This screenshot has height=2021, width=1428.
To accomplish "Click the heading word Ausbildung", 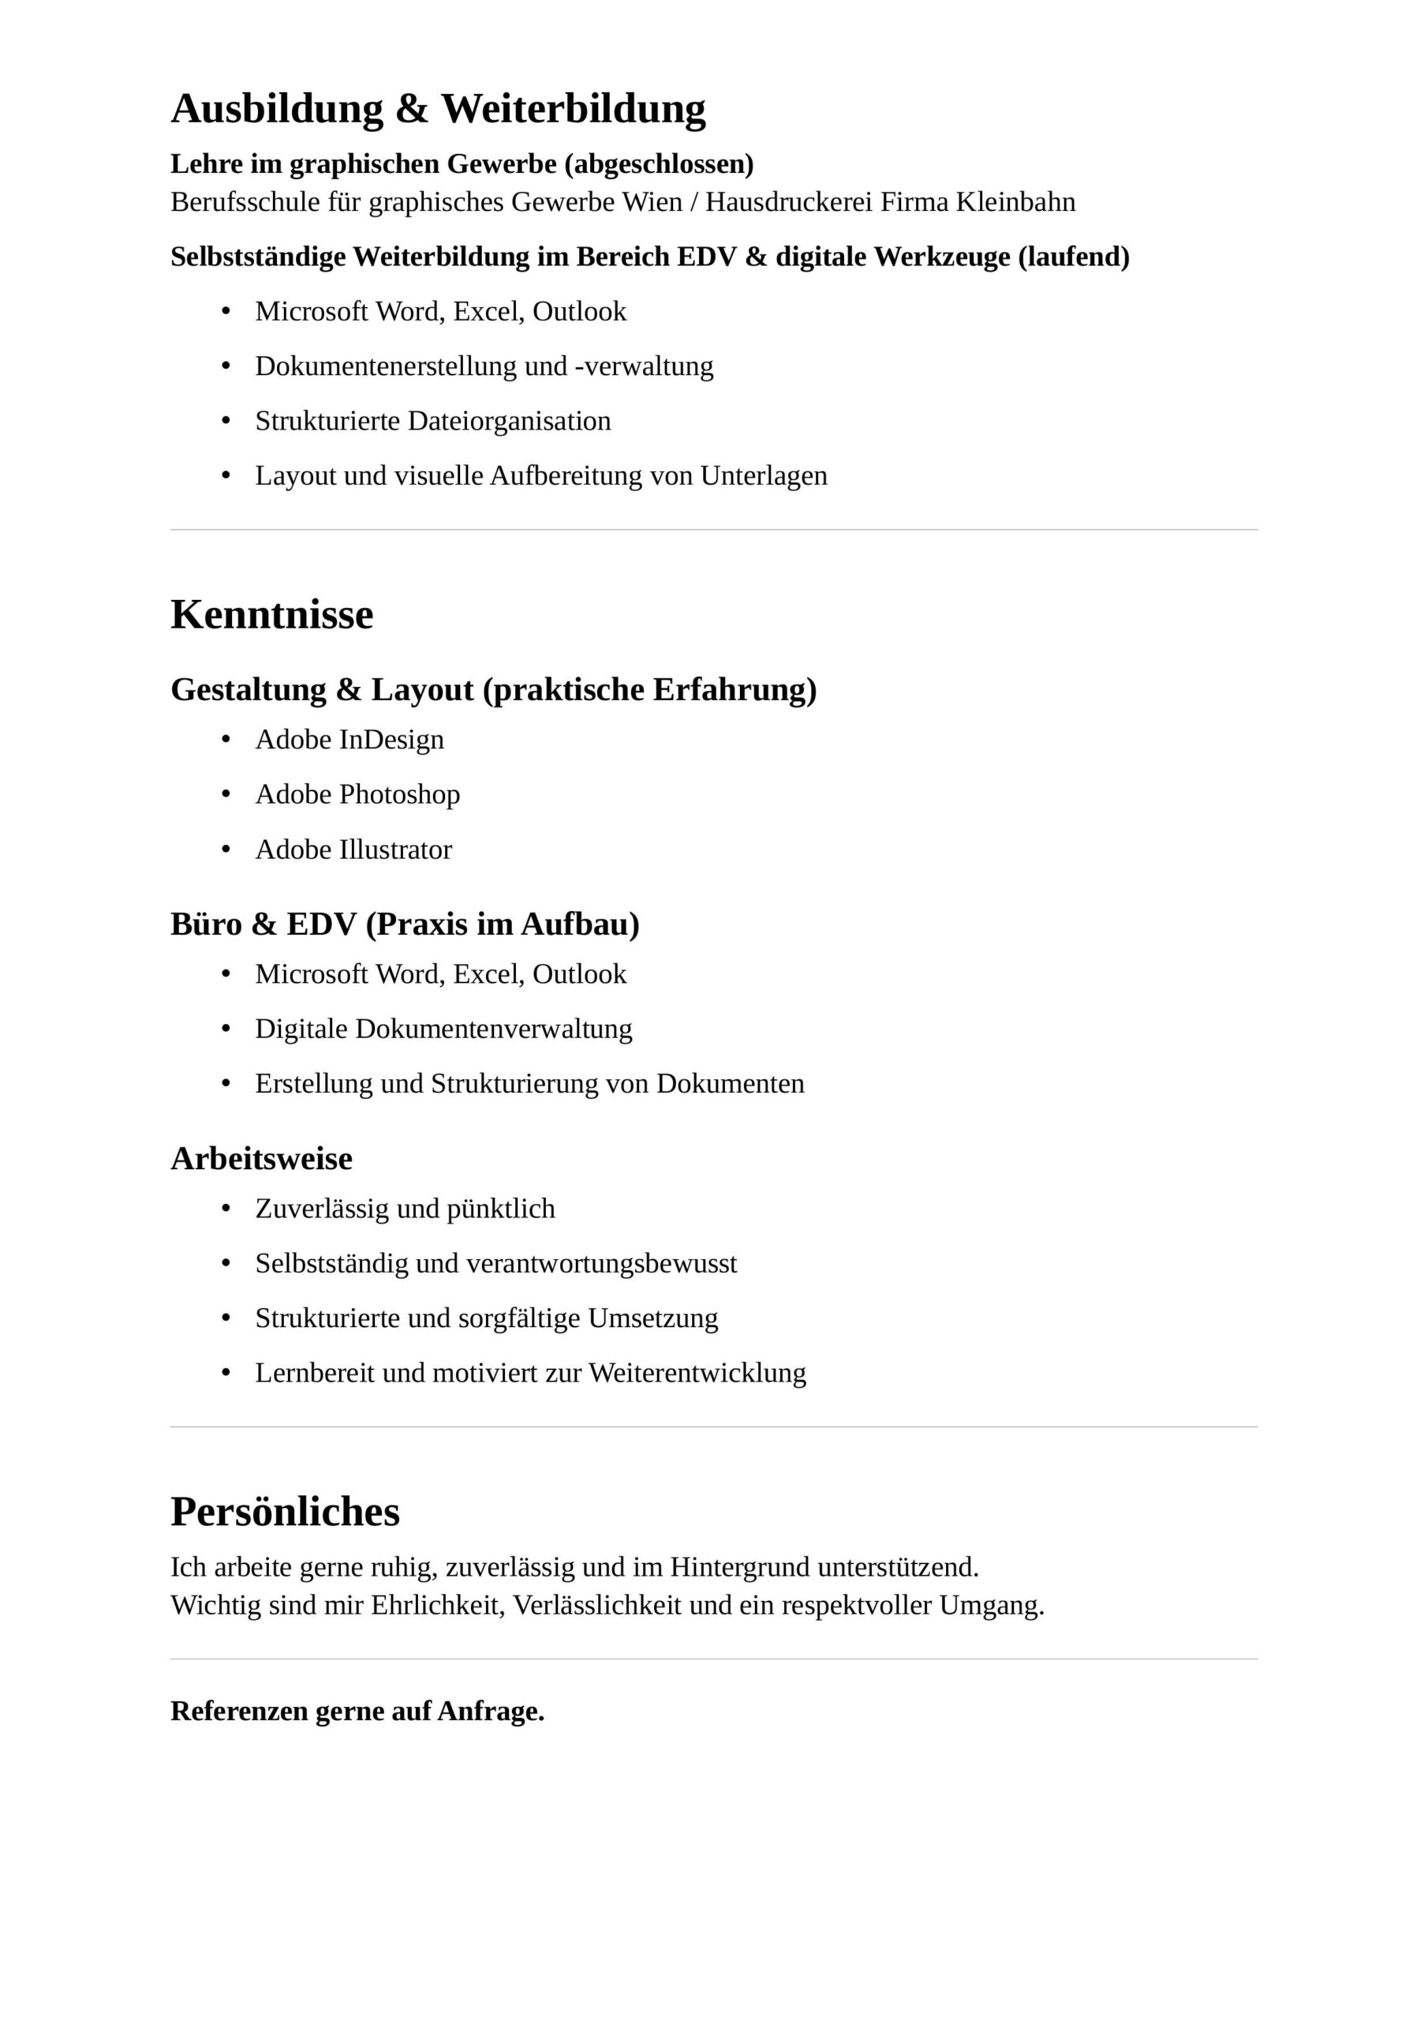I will pos(276,109).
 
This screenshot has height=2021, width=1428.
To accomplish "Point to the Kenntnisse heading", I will pos(272,614).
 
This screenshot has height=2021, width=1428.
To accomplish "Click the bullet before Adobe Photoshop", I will pos(226,795).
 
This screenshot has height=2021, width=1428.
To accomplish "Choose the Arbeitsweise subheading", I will pos(261,1158).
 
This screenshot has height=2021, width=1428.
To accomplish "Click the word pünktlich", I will pos(501,1209).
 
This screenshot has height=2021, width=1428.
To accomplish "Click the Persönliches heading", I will pos(285,1511).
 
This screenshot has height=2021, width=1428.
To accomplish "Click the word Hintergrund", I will pos(740,1567).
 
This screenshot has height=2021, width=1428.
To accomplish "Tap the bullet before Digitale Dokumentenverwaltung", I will pos(226,1029).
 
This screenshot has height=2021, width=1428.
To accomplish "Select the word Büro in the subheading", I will pos(206,924).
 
